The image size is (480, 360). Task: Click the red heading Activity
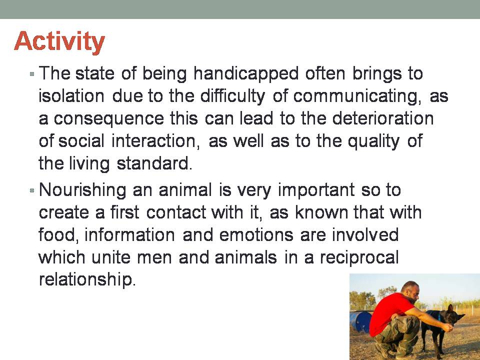pyautogui.click(x=59, y=42)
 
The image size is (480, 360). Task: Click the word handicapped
pyautogui.click(x=246, y=74)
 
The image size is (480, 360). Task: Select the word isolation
pyautogui.click(x=71, y=96)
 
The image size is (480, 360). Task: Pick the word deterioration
pyautogui.click(x=382, y=118)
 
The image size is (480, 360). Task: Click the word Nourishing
pyautogui.click(x=82, y=190)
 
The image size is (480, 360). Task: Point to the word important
pyautogui.click(x=316, y=190)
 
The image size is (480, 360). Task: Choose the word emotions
pyautogui.click(x=256, y=235)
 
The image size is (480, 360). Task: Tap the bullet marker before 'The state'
pyautogui.click(x=32, y=74)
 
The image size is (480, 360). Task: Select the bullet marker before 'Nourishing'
pyautogui.click(x=32, y=190)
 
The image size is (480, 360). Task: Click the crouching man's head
pyautogui.click(x=410, y=291)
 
